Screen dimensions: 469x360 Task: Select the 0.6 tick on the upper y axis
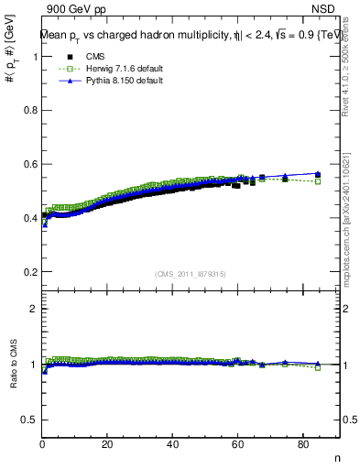coord(33,164)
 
